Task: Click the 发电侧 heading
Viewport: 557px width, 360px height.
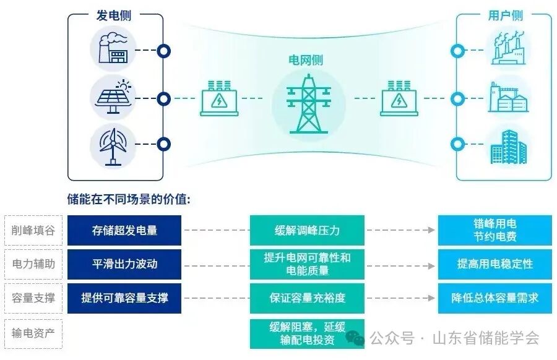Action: coord(114,15)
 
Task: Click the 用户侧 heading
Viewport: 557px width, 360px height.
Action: coord(503,15)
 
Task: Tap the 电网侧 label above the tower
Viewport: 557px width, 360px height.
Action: coord(306,60)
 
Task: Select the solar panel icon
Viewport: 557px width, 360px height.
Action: coord(113,97)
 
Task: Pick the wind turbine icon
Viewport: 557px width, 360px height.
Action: coord(113,145)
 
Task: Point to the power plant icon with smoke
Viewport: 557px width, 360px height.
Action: coord(113,48)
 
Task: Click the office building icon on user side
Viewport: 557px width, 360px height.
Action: coord(508,146)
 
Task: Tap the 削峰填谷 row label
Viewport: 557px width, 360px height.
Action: coord(33,231)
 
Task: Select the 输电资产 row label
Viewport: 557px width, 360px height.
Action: coord(33,333)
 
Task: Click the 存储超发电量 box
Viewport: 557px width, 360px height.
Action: coord(124,231)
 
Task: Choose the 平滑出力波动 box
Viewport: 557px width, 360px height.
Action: coord(124,264)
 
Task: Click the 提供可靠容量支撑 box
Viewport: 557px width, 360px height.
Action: coord(124,298)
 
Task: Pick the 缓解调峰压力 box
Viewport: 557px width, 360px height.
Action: coord(308,231)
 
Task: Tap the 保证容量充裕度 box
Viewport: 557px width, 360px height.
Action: coord(308,298)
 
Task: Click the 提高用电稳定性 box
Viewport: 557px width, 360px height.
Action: coord(495,264)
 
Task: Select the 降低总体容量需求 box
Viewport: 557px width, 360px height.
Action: coord(495,298)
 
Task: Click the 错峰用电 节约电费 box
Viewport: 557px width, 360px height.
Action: coord(495,230)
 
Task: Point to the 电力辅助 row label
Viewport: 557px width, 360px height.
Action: coord(33,264)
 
